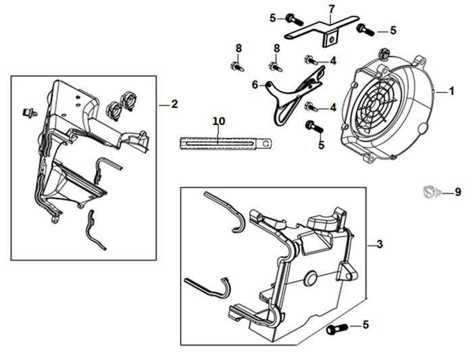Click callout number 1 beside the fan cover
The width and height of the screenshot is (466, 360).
451,91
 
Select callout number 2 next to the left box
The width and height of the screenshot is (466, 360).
174,104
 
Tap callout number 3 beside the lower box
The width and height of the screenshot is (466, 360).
380,245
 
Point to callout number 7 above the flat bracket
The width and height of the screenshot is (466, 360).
332,9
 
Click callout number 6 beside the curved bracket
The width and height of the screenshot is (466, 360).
255,84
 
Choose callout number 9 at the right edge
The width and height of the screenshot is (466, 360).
458,192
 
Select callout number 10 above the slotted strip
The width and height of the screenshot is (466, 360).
219,122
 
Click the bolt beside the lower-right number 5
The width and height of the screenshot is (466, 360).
337,329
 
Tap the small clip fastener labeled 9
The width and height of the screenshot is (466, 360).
431,192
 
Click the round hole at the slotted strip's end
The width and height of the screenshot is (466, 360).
268,144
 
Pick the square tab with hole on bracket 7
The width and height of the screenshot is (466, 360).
331,38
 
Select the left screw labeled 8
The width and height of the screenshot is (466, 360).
236,66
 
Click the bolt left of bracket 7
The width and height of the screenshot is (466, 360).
294,20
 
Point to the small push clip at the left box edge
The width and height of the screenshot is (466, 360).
30,112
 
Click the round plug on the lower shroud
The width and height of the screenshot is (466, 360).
311,278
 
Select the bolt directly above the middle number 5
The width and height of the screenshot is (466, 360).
314,127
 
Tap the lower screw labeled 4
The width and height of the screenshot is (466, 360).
311,107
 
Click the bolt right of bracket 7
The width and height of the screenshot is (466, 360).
365,30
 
